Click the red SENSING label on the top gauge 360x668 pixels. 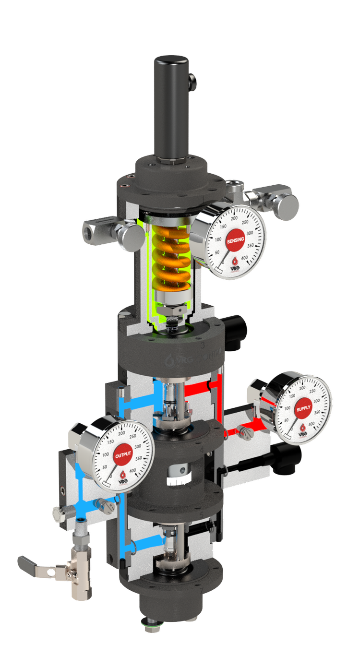(235, 239)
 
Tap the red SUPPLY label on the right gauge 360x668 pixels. (303, 408)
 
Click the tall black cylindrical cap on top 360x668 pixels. (171, 106)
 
